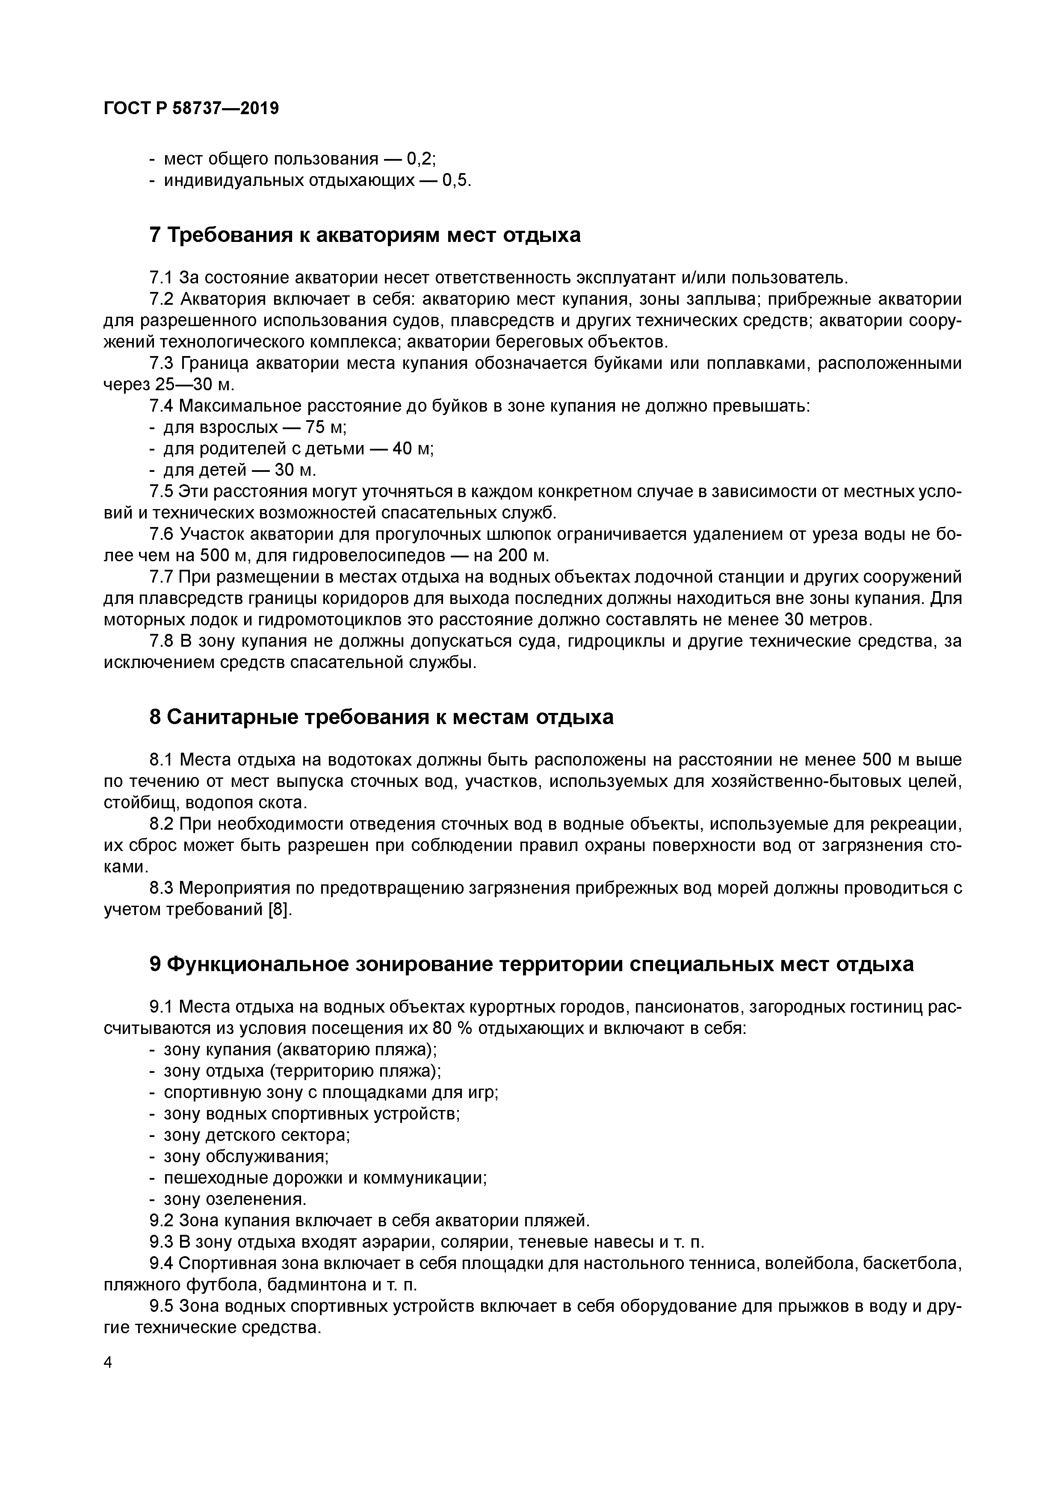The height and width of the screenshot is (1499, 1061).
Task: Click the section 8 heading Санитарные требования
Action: tap(381, 718)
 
